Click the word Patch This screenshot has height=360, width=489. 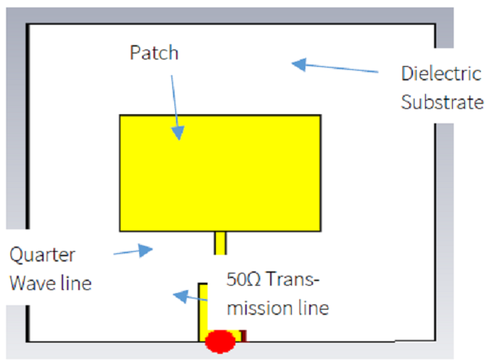(x=154, y=53)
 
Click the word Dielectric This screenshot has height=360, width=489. (x=442, y=74)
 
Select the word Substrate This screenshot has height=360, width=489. (x=442, y=102)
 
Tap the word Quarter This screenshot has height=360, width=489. (x=42, y=255)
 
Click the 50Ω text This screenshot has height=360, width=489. (x=243, y=279)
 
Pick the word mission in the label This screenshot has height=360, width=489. (x=260, y=308)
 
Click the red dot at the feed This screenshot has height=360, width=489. (x=220, y=341)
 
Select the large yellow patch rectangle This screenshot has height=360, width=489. (x=220, y=174)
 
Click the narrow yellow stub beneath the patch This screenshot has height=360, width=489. (x=220, y=243)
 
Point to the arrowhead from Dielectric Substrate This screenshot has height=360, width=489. (x=299, y=65)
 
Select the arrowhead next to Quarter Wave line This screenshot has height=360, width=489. (x=145, y=250)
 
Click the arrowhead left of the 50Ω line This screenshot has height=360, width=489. (x=181, y=296)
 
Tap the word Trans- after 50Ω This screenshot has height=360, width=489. (x=293, y=279)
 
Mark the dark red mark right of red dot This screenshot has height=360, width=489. (x=244, y=336)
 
